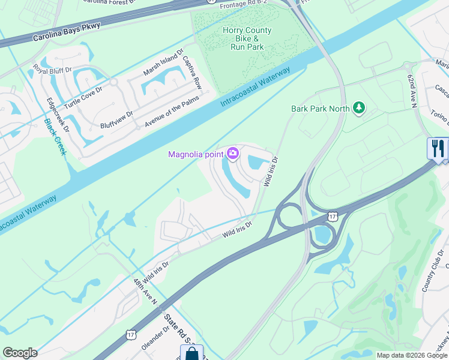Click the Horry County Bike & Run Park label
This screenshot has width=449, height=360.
tap(247, 38)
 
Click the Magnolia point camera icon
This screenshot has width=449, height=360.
tap(232, 155)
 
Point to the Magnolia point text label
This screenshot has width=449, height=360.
tap(196, 155)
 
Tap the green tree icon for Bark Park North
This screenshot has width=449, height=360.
tap(359, 108)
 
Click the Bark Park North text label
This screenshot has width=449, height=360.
tap(320, 109)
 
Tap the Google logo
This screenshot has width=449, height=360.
tap(20, 353)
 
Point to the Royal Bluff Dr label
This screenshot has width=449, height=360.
tap(52, 77)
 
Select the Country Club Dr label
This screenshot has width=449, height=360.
tap(432, 273)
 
